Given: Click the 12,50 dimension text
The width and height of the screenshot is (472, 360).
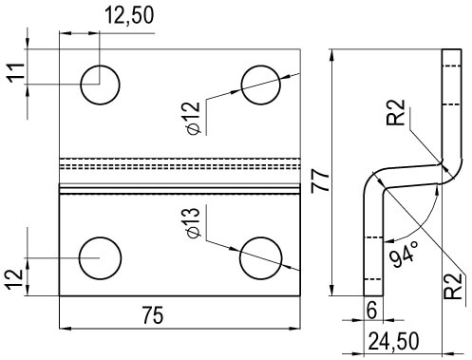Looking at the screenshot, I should tap(127, 13).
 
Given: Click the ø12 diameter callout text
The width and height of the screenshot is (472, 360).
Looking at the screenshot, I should tap(191, 117).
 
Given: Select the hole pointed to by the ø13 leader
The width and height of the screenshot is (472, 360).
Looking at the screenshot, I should tap(262, 256).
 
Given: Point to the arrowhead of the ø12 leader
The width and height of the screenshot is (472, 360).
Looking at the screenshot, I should tap(244, 87).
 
